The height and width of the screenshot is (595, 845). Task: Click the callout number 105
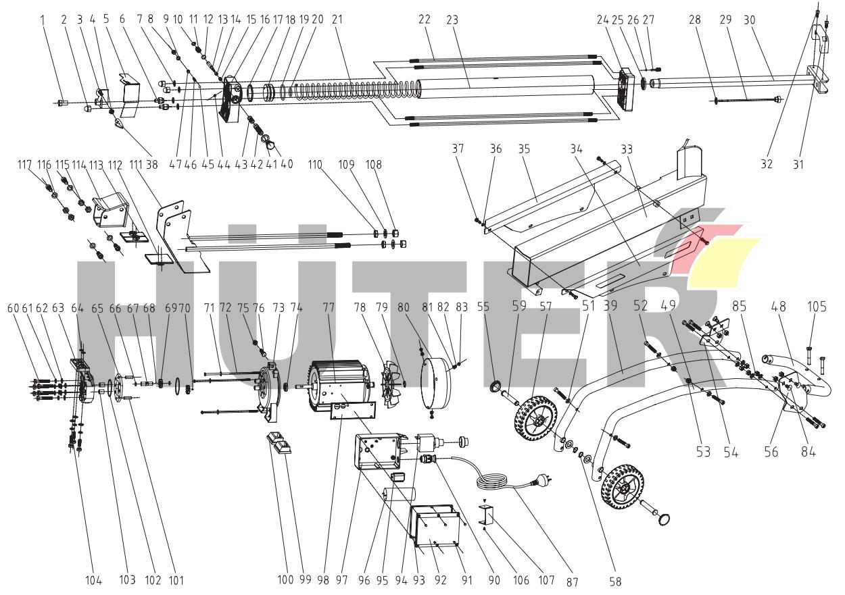[817, 307]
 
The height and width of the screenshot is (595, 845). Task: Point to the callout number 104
[93, 579]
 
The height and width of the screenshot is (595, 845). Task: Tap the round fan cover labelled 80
[435, 384]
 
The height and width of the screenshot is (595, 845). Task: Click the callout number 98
[325, 579]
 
